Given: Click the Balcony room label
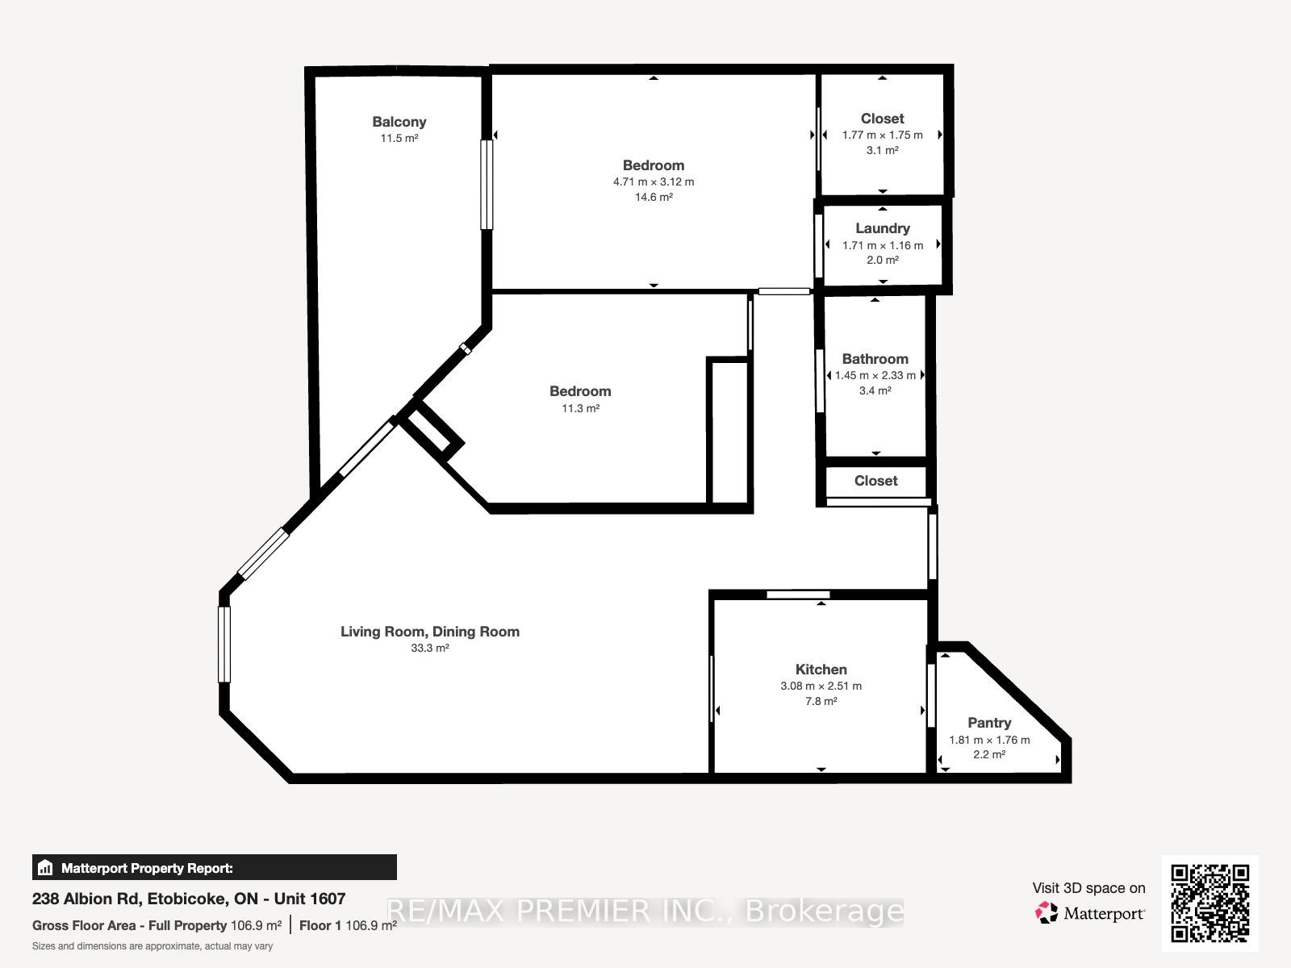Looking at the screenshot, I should (x=399, y=122).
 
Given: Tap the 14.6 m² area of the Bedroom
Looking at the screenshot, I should (x=653, y=197).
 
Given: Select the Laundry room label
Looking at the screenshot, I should (x=882, y=228).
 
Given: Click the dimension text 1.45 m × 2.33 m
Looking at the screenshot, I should (x=875, y=375).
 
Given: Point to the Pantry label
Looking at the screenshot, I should (x=988, y=723).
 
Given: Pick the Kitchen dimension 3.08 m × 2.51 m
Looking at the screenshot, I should (x=821, y=686).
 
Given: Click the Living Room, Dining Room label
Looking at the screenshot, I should (x=429, y=632).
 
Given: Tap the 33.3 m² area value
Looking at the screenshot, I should (x=429, y=648).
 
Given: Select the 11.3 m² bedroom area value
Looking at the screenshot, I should (x=580, y=408).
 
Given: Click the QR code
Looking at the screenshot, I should (x=1210, y=903).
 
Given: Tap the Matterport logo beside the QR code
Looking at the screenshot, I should (x=1089, y=913).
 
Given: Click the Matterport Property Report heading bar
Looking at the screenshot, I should (x=214, y=868).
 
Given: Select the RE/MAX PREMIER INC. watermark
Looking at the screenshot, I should (x=645, y=912).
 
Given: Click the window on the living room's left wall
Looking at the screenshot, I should (x=224, y=644).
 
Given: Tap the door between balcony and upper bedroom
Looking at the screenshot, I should (x=487, y=185).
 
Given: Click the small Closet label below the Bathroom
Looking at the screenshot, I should (x=875, y=481).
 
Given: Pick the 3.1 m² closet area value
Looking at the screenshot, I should (x=882, y=150).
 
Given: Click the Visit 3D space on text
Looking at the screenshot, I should (x=1088, y=888).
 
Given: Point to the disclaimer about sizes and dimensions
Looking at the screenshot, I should (x=152, y=946).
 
